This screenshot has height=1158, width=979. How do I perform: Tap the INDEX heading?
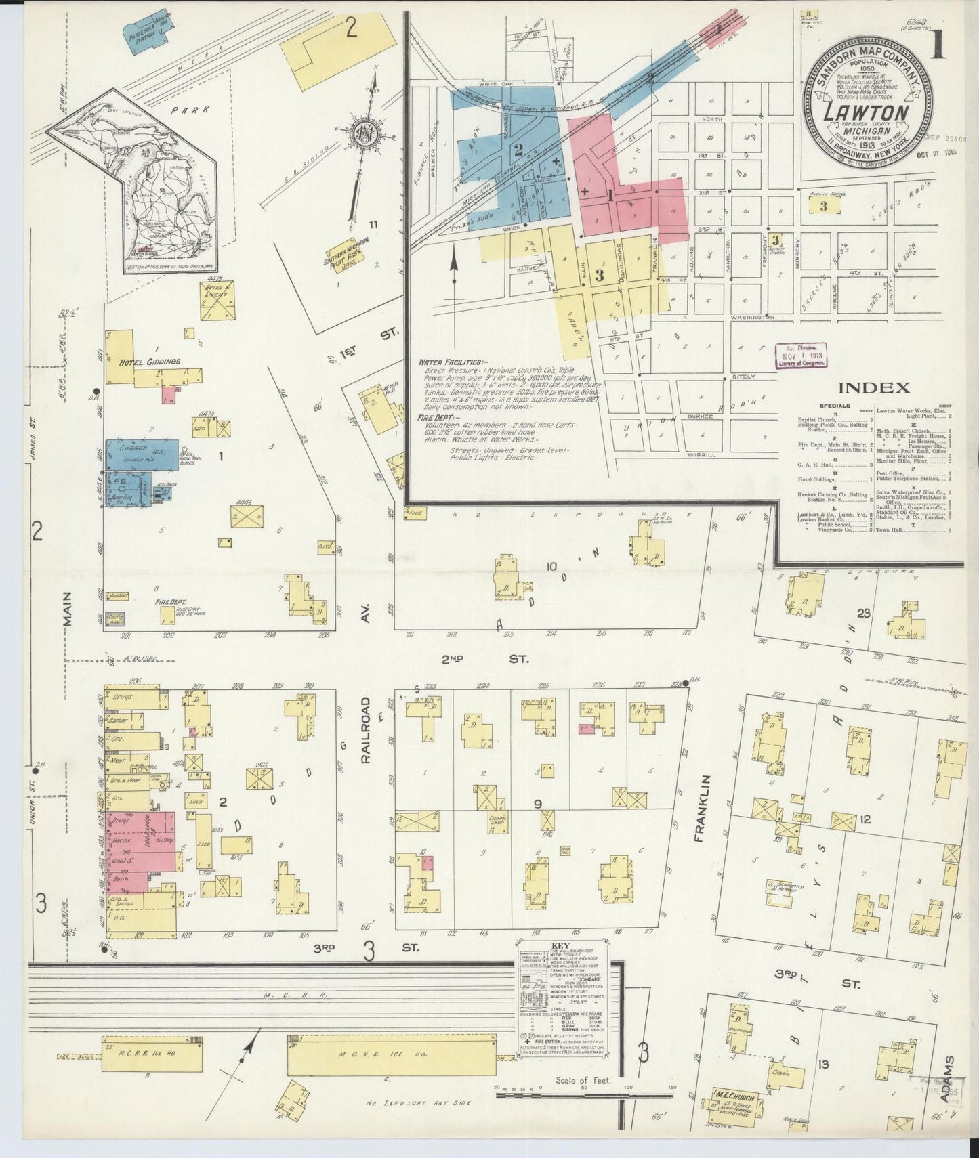coord(873,388)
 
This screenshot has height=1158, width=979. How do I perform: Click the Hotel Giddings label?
coord(150,362)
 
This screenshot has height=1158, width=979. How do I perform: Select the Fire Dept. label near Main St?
coord(152,601)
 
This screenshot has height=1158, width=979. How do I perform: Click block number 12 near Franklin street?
coord(863,820)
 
